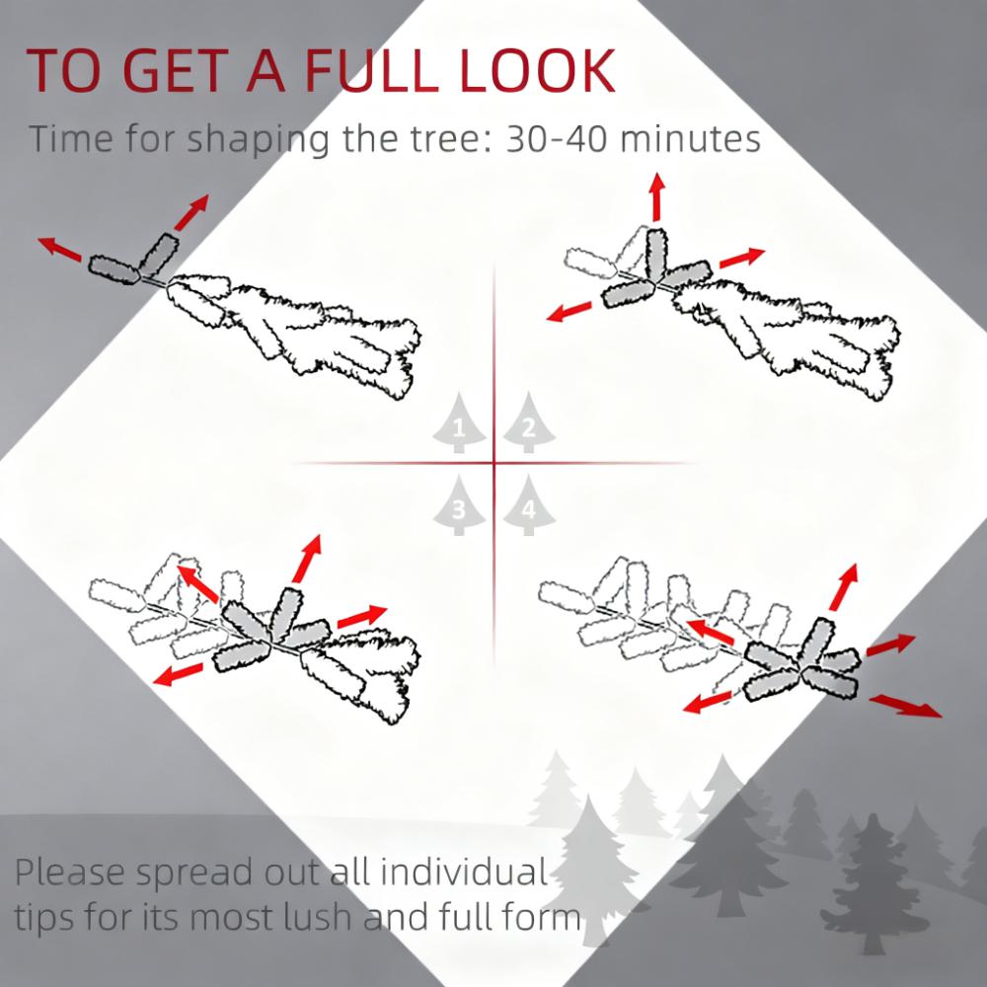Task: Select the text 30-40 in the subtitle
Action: pos(556,138)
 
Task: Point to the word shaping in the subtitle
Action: pos(259,140)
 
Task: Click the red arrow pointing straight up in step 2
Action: pos(657,197)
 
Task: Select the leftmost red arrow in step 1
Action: pos(60,250)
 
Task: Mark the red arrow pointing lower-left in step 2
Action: pos(569,312)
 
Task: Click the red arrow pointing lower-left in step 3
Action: pos(178,673)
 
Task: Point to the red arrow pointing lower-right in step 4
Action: pos(906,706)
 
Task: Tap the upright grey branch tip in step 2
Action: pos(655,255)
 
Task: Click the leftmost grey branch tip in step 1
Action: pos(114,269)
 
